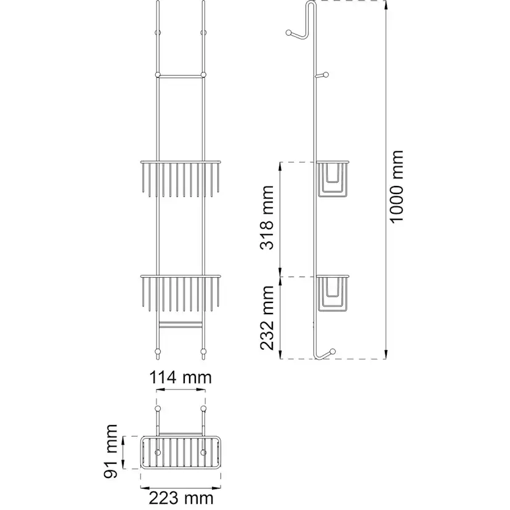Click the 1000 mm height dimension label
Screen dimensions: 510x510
point(397,187)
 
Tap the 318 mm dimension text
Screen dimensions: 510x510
point(267,217)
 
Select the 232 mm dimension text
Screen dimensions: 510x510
point(267,318)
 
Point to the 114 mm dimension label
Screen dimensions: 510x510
point(180,378)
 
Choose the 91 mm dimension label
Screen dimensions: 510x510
point(111,451)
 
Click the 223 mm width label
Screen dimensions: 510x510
point(181,498)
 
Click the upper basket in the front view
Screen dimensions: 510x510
point(180,179)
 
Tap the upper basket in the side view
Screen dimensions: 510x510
point(333,179)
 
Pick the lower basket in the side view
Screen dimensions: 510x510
point(333,293)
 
